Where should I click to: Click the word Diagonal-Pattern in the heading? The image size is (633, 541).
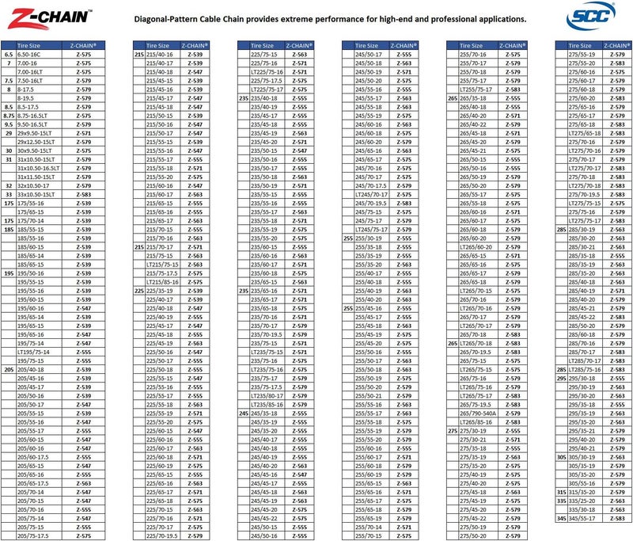click(174, 19)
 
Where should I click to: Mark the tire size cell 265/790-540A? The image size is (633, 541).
click(476, 413)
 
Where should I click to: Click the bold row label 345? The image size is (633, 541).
click(561, 518)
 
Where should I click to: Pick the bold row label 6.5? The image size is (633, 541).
click(9, 54)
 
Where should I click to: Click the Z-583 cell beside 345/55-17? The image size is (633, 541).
click(616, 518)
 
